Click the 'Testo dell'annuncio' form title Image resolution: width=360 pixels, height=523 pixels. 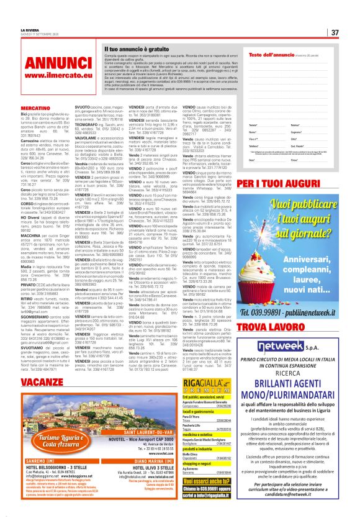pyautogui.click(x=271, y=55)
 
